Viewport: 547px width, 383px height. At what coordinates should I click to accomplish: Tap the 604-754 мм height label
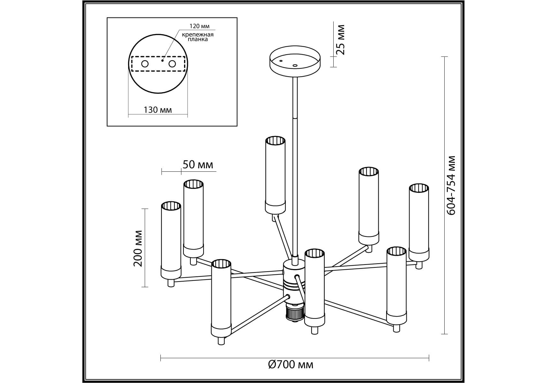[x=451, y=185]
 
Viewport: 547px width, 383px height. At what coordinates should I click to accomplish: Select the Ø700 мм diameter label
[x=291, y=364]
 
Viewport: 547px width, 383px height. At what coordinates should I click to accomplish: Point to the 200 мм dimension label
[x=138, y=248]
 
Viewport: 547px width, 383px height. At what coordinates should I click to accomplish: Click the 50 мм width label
[x=198, y=165]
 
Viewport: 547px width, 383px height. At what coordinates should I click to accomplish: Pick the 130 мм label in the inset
[x=158, y=110]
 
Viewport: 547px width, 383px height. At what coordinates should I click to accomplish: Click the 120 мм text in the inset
[x=199, y=26]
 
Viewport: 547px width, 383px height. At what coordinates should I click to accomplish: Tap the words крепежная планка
[x=198, y=37]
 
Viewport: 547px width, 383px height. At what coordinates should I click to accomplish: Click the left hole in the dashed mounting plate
[x=145, y=64]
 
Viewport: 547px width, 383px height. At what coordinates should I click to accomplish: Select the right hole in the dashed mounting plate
[x=172, y=64]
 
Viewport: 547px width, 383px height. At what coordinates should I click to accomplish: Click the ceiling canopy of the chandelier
[x=295, y=62]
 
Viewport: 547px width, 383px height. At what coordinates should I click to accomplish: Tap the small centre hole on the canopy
[x=295, y=65]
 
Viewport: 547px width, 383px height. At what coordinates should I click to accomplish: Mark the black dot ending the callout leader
[x=162, y=60]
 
